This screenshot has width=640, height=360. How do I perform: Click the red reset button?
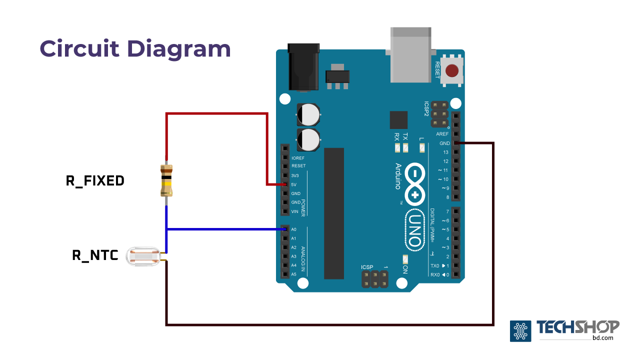click(x=452, y=70)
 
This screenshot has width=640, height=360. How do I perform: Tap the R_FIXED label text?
click(x=95, y=180)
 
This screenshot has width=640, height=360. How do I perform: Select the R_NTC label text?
click(x=95, y=255)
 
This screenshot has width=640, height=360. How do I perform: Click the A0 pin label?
click(x=294, y=229)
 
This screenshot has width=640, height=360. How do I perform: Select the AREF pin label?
click(x=442, y=134)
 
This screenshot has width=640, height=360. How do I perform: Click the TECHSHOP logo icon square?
click(x=520, y=331)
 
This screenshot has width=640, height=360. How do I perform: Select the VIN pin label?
click(x=295, y=211)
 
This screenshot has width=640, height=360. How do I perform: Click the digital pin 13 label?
click(x=445, y=152)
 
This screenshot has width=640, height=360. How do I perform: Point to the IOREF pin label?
click(x=298, y=157)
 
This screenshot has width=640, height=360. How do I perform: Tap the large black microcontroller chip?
click(x=334, y=213)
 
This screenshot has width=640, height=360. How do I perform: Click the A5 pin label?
click(x=294, y=274)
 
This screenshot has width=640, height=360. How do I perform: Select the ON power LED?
click(x=405, y=259)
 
